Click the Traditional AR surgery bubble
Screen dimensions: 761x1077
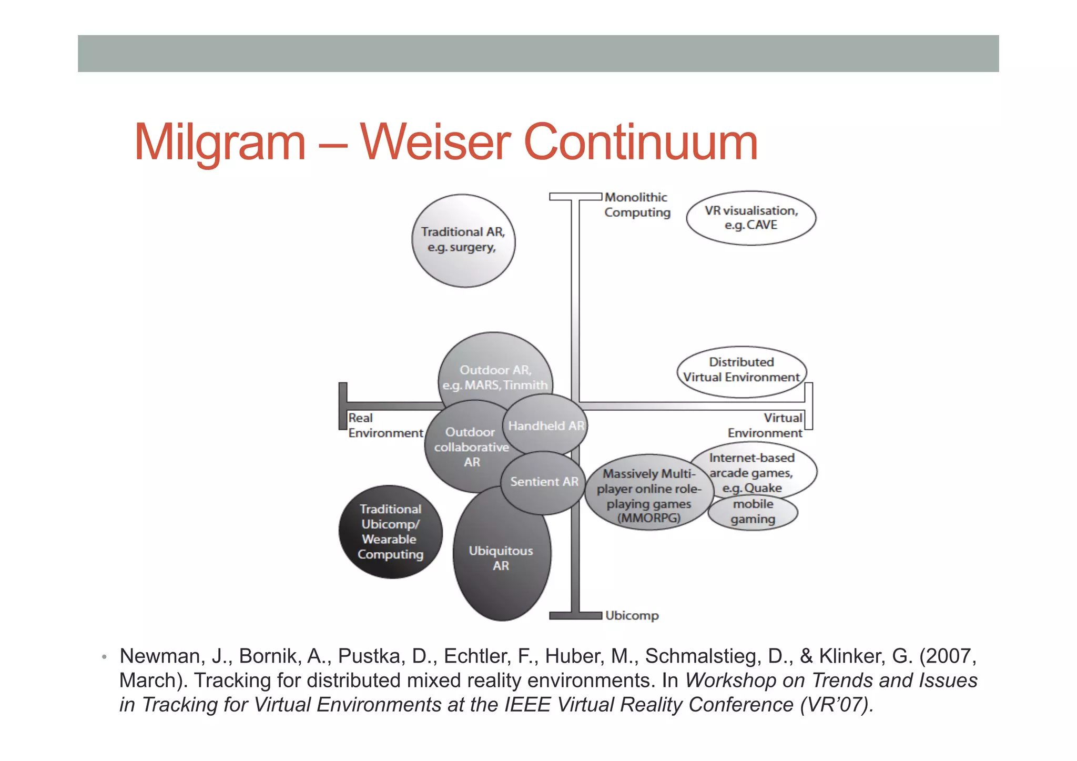(463, 240)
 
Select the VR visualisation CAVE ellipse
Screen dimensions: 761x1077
(751, 218)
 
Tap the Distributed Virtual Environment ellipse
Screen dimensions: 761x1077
(741, 370)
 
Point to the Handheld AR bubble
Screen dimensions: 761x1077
(546, 425)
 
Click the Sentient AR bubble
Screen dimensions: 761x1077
(544, 482)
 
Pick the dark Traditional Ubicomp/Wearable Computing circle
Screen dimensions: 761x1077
(390, 532)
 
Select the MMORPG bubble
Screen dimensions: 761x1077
(648, 495)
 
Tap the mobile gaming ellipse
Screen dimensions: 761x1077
(753, 512)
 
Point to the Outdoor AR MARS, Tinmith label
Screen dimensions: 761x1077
(495, 378)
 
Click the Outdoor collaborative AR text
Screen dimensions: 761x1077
(471, 447)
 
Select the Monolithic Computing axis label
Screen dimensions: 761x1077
(637, 205)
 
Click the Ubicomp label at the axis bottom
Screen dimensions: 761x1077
(632, 615)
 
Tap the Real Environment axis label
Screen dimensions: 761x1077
(384, 425)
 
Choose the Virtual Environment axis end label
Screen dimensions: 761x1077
(766, 425)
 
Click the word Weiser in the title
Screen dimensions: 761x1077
(434, 142)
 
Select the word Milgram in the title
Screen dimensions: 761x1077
(220, 142)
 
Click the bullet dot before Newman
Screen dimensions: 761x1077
(105, 657)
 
